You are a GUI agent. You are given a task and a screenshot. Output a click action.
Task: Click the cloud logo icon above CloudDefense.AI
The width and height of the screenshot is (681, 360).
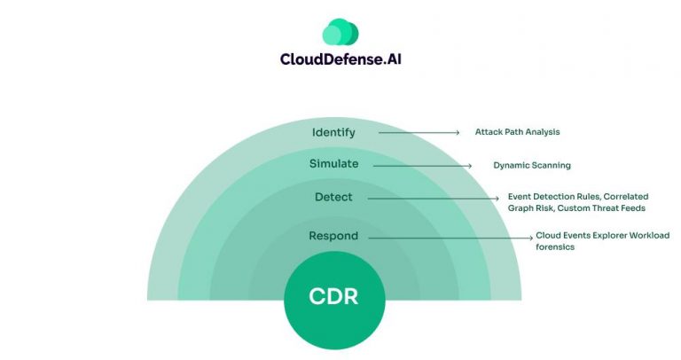tap(340, 32)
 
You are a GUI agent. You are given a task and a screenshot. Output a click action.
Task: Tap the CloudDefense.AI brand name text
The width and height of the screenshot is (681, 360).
tap(340, 60)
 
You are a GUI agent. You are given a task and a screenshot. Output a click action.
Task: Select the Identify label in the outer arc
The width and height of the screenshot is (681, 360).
tap(333, 132)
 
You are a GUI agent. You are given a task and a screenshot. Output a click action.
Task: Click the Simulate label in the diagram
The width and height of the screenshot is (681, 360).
tap(333, 164)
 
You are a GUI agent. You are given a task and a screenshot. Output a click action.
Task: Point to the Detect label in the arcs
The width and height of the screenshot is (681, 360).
tap(333, 197)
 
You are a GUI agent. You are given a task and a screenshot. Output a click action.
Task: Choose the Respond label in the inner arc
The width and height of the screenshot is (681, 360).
tap(333, 236)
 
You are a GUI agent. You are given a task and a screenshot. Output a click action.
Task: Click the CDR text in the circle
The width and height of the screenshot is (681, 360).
tap(333, 296)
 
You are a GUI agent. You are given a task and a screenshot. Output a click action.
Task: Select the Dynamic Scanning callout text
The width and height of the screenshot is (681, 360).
tap(532, 165)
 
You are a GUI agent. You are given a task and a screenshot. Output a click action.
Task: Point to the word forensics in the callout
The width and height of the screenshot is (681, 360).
tap(555, 247)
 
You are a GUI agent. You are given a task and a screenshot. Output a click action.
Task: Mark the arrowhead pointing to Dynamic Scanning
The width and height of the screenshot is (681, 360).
tap(470, 165)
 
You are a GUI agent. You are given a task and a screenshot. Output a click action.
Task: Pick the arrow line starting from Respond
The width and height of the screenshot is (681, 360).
tap(443, 238)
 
